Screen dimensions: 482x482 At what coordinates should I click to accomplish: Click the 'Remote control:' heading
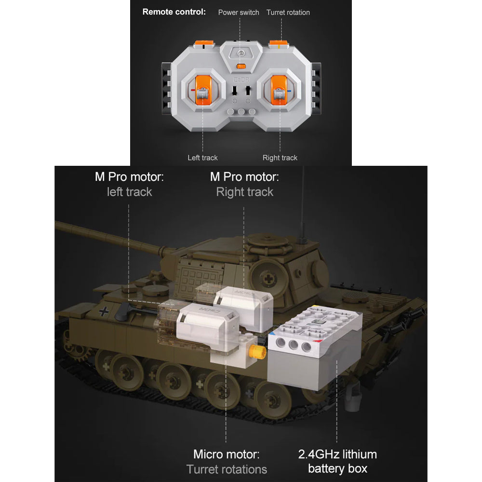point(174,12)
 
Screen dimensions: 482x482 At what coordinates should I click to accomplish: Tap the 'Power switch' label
point(239,13)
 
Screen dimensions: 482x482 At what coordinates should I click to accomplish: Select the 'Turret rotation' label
point(288,13)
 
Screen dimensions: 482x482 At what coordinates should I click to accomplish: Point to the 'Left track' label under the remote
point(202,158)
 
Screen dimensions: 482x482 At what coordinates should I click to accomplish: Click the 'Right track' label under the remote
point(280,158)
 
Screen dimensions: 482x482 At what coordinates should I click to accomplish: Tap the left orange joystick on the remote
point(203,91)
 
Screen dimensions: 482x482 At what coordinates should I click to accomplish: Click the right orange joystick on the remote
point(279,91)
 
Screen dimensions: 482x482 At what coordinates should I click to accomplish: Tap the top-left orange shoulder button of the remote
point(204,44)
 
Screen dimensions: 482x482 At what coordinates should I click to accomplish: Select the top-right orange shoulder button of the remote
point(279,44)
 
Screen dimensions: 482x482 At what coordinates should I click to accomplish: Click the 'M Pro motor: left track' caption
point(129,184)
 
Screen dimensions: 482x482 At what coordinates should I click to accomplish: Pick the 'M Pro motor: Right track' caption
point(245,184)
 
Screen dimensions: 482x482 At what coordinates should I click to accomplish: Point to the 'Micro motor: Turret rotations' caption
point(227,462)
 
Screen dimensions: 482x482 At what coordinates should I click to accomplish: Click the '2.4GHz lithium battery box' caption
point(337,461)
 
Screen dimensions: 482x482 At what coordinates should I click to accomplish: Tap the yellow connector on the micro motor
point(257,352)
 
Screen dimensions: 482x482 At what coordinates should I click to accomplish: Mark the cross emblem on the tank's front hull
point(104,311)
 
